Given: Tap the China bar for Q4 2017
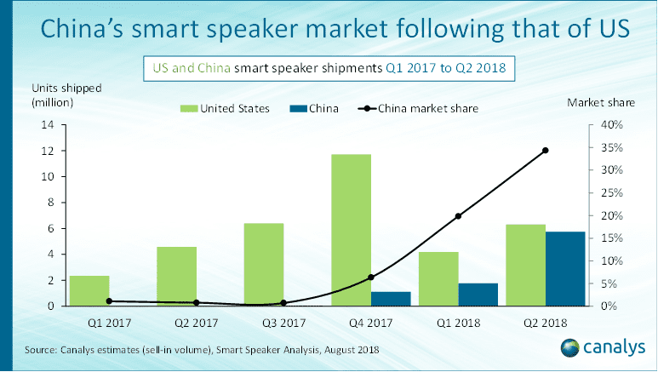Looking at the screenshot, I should (391, 298).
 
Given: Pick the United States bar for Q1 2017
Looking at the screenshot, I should (89, 290).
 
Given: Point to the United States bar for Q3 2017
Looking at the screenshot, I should (263, 264).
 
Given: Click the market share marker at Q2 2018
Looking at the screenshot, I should (545, 151).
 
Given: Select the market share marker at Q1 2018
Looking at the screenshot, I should (458, 216).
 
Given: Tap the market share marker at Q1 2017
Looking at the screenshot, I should (109, 300).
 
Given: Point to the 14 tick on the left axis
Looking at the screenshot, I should (47, 125).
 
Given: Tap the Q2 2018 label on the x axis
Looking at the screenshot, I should (545, 324).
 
